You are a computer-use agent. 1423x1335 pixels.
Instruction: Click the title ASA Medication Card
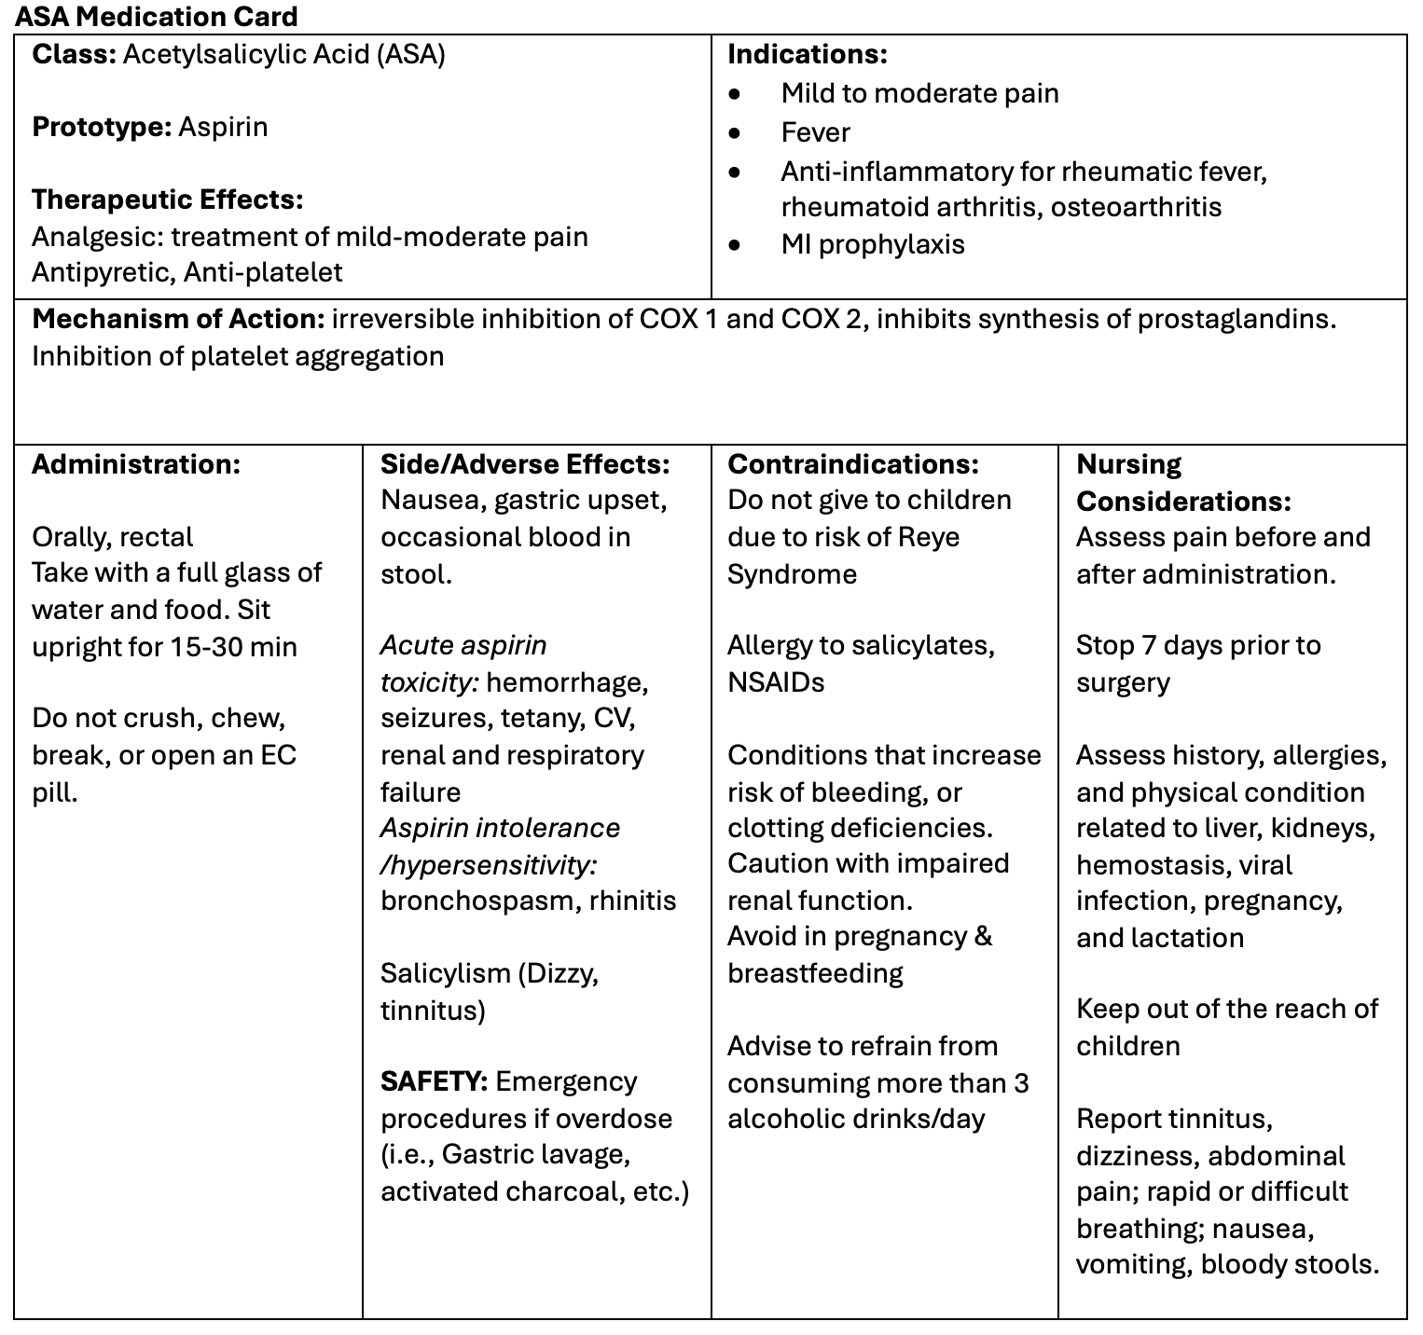tap(156, 16)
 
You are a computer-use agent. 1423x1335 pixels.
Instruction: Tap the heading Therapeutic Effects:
tap(168, 200)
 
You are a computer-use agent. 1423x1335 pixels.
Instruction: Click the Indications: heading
tap(807, 54)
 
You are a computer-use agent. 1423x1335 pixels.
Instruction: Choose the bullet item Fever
tap(815, 132)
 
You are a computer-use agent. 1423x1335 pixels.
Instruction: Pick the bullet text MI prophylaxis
tap(873, 244)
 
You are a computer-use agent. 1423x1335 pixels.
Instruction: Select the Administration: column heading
tap(136, 464)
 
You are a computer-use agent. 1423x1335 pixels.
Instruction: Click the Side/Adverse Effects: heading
tap(525, 464)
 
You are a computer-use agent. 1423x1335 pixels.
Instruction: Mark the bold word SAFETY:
tap(434, 1081)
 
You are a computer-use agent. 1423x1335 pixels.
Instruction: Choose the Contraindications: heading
tap(853, 464)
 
